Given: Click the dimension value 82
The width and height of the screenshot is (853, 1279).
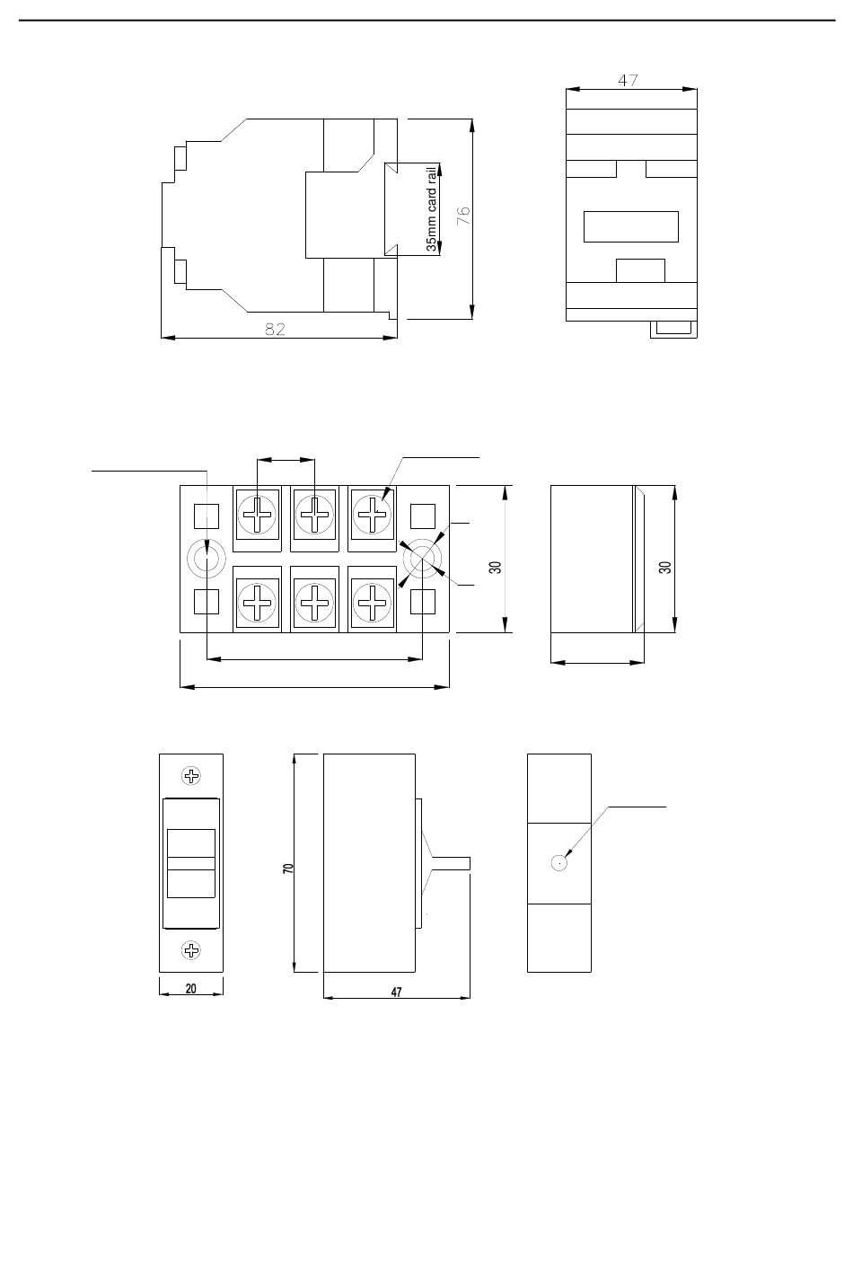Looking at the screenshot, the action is [x=275, y=329].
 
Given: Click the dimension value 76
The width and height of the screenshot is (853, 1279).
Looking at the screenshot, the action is [x=463, y=216].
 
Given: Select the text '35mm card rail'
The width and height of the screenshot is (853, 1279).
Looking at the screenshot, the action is [x=432, y=208].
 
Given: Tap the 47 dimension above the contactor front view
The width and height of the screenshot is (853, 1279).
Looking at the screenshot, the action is [x=628, y=81].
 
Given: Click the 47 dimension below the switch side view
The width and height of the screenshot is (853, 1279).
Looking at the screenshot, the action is [x=396, y=992].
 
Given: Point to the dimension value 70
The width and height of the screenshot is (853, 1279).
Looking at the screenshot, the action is [x=288, y=868].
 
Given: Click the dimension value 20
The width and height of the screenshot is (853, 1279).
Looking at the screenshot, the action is [x=190, y=988].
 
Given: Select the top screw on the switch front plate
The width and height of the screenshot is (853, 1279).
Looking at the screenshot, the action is [x=191, y=776].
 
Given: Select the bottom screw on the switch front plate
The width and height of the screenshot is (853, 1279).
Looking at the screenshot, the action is [x=191, y=950].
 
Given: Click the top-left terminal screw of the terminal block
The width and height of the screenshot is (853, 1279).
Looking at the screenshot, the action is [x=257, y=515].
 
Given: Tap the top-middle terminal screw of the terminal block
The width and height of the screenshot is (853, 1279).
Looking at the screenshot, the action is [x=314, y=515].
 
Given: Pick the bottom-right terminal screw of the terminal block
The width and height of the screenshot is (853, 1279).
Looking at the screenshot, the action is [x=373, y=603].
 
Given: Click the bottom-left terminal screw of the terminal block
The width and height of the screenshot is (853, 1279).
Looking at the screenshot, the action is [x=257, y=603].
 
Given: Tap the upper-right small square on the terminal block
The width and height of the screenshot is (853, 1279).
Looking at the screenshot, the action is [x=423, y=516].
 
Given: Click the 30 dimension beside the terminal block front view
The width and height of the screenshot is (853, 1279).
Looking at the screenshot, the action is [x=495, y=567].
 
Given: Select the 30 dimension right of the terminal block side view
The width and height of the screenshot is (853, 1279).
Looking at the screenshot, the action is [x=664, y=567].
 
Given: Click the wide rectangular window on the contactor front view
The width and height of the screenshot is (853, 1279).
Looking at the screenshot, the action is [x=631, y=226].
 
